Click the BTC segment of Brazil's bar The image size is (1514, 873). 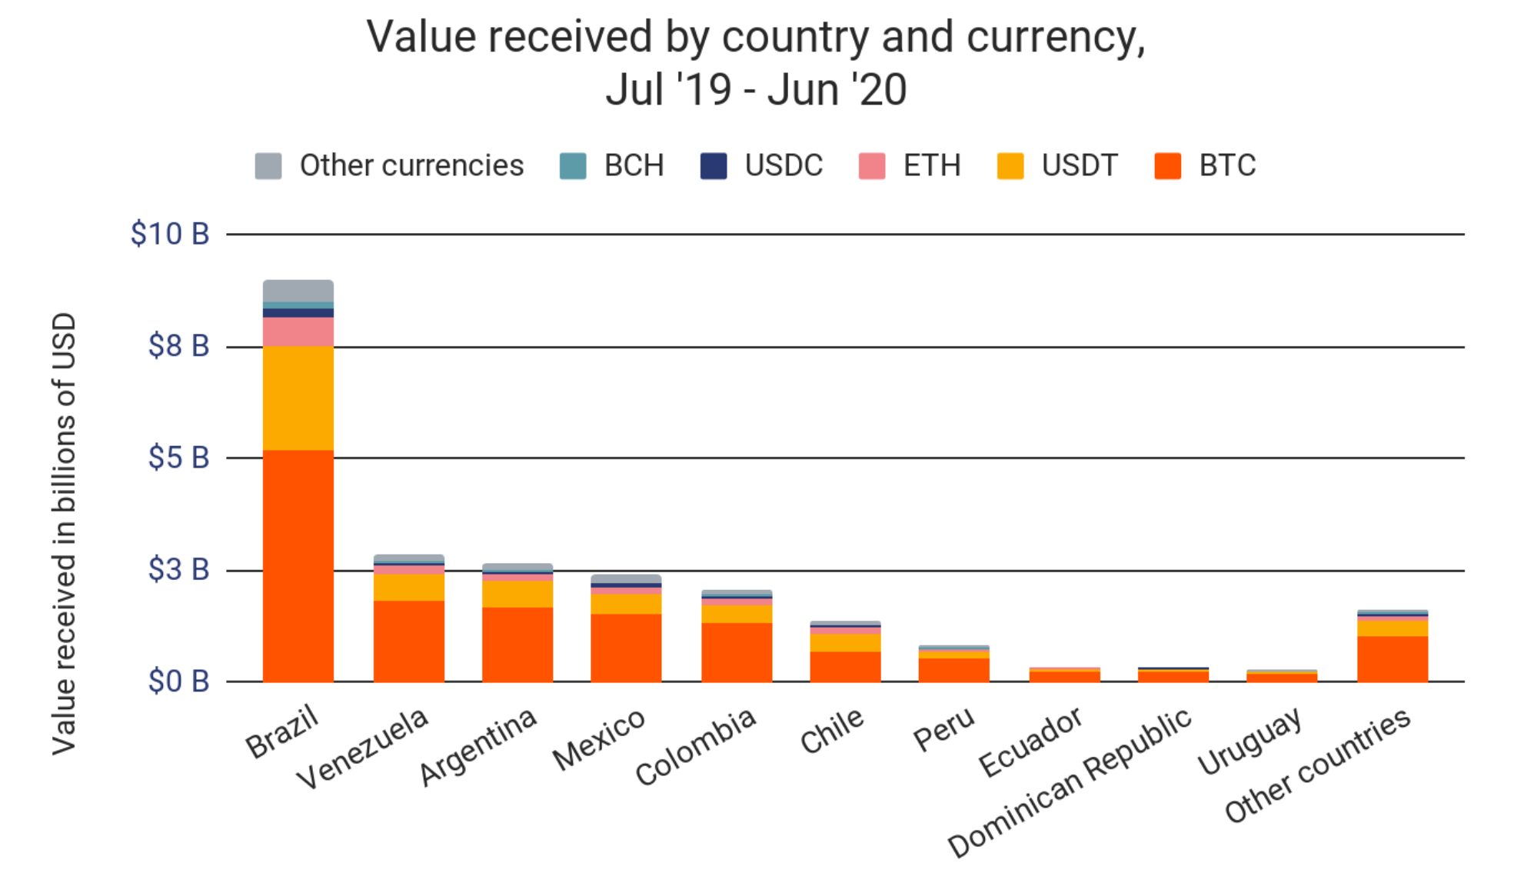(x=298, y=565)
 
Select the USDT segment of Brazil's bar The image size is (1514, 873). (x=298, y=398)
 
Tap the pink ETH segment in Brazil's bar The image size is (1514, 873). (x=298, y=332)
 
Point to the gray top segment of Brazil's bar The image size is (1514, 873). (x=298, y=291)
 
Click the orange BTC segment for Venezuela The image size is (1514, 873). (x=408, y=641)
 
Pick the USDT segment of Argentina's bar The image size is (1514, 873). (x=517, y=594)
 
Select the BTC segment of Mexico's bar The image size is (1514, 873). (x=625, y=648)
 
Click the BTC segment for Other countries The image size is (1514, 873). (x=1392, y=658)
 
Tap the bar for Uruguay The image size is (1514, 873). (x=1281, y=676)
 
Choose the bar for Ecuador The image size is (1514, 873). (x=1064, y=675)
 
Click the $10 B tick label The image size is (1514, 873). (x=170, y=234)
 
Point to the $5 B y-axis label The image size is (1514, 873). (x=178, y=458)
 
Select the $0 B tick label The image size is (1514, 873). (x=178, y=681)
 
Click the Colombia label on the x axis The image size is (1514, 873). (x=696, y=746)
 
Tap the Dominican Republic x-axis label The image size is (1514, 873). (x=1070, y=782)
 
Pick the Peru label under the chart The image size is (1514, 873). (x=943, y=729)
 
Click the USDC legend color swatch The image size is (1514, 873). (x=714, y=166)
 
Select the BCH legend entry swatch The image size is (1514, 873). (x=573, y=166)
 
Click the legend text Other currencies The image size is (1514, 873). (x=411, y=166)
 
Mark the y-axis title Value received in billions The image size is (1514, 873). (x=65, y=533)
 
